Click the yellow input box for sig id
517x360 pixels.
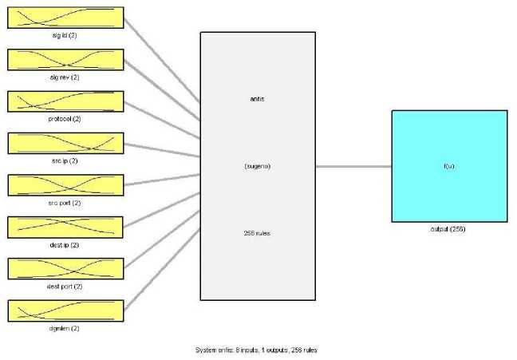click(65, 18)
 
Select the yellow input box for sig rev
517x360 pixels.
click(65, 60)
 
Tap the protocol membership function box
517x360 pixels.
click(65, 101)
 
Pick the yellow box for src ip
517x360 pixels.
click(65, 143)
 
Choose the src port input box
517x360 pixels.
click(65, 185)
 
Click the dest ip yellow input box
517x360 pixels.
click(65, 227)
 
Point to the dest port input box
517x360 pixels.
click(65, 269)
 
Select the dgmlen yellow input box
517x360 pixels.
click(65, 311)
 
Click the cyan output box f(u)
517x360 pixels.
click(449, 166)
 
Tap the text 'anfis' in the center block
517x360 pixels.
click(257, 99)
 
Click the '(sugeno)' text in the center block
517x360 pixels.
click(257, 166)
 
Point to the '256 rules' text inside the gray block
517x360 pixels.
click(257, 232)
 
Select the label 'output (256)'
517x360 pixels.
click(449, 229)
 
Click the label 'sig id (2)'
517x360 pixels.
click(65, 35)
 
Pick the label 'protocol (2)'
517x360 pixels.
click(65, 119)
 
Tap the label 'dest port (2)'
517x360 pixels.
click(65, 286)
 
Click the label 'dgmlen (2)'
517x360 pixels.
click(65, 328)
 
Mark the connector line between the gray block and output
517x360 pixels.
click(353, 166)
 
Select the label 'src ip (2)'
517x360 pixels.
click(65, 160)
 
